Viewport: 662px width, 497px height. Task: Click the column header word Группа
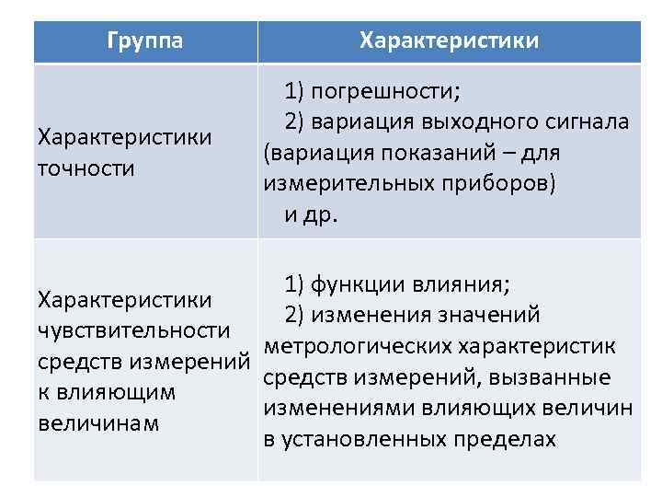(145, 41)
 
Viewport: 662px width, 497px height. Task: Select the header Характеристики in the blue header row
(450, 41)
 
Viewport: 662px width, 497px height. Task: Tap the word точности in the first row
(86, 168)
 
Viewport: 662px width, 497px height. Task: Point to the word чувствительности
(132, 330)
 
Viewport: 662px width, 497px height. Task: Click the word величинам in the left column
(98, 423)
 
